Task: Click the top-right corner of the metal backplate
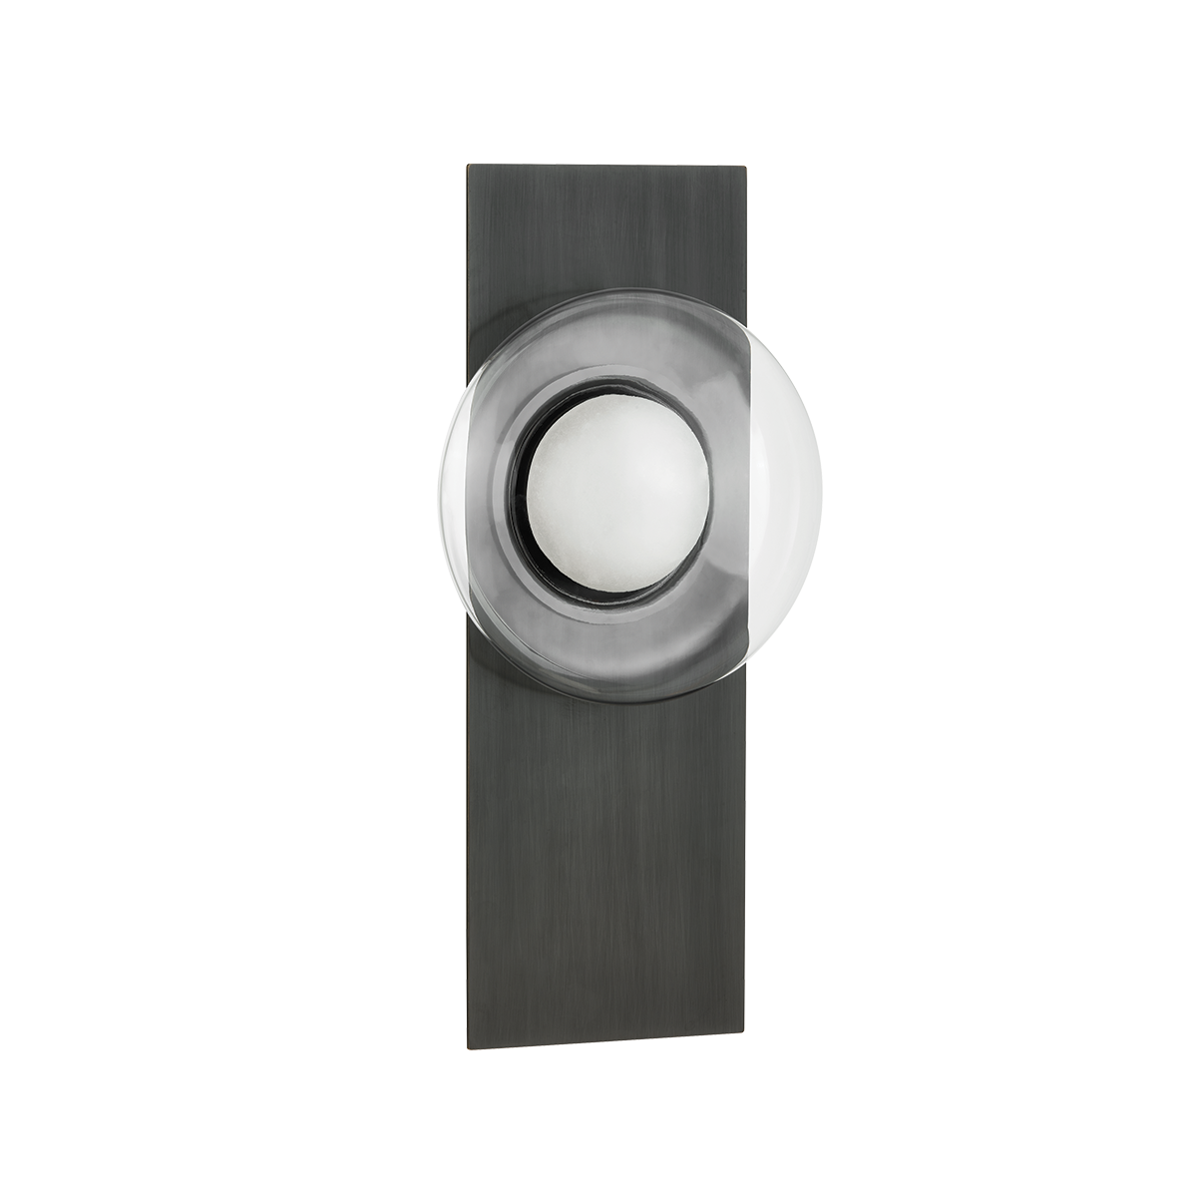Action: [x=748, y=165]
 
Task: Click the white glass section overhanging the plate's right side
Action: [x=788, y=519]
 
